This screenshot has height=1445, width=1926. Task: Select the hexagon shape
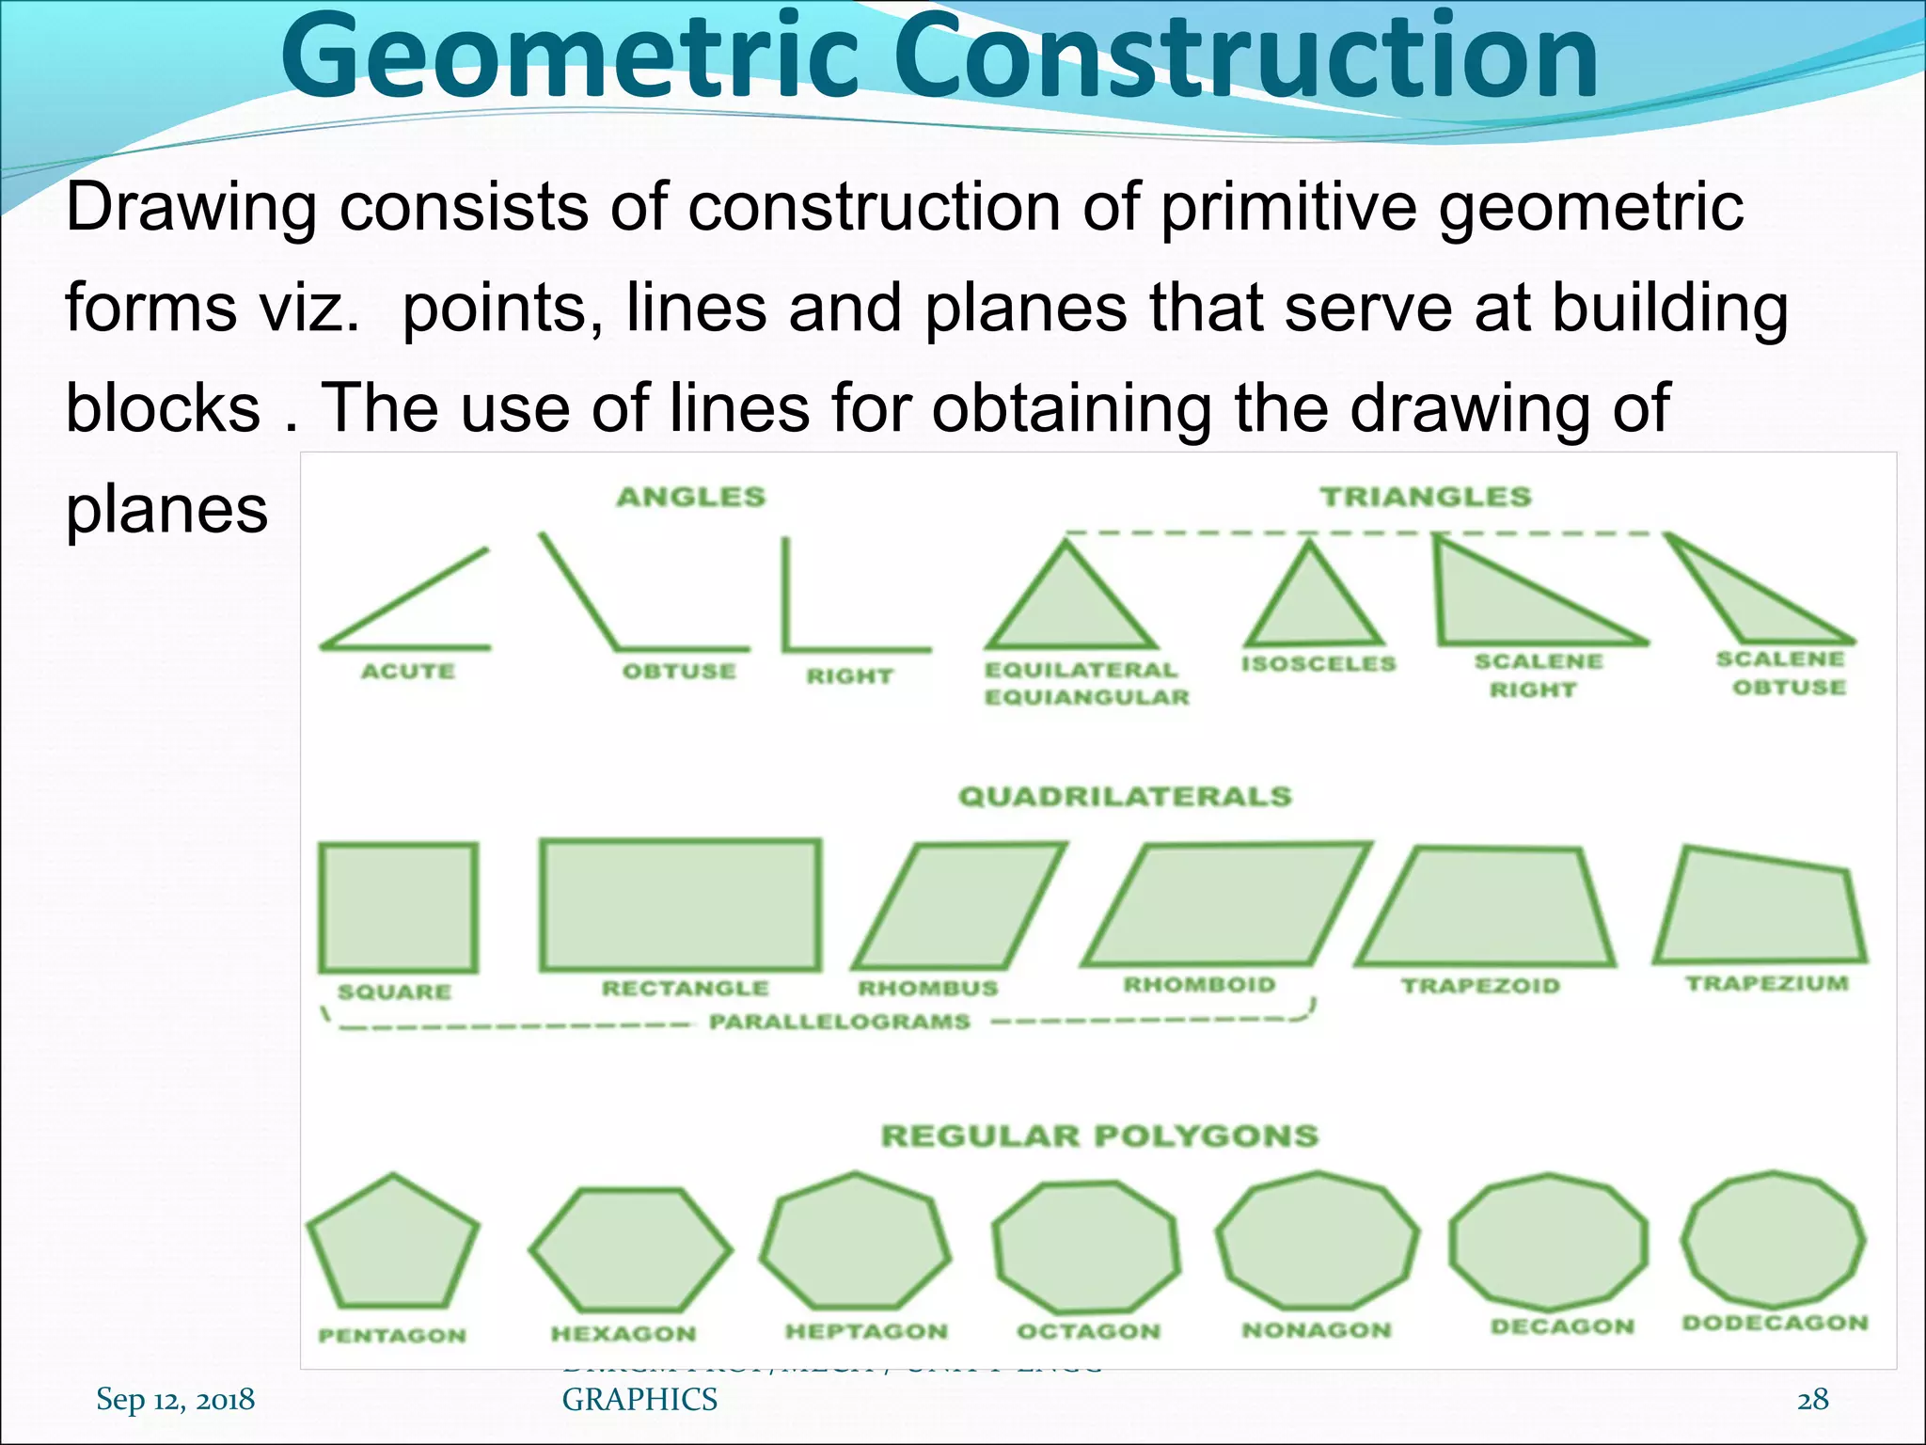630,1250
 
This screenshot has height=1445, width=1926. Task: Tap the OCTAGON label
1089,1331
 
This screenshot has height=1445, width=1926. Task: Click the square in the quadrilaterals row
398,908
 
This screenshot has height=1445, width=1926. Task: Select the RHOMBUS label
927,988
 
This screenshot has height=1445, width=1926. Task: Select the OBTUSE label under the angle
679,671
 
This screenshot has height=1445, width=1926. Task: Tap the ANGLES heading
691,497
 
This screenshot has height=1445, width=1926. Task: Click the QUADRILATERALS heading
1125,796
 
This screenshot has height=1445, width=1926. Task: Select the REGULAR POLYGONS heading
1099,1135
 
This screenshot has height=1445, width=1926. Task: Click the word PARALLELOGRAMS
839,1022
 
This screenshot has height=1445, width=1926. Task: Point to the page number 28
1812,1399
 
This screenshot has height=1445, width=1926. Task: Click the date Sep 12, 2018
175,1399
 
